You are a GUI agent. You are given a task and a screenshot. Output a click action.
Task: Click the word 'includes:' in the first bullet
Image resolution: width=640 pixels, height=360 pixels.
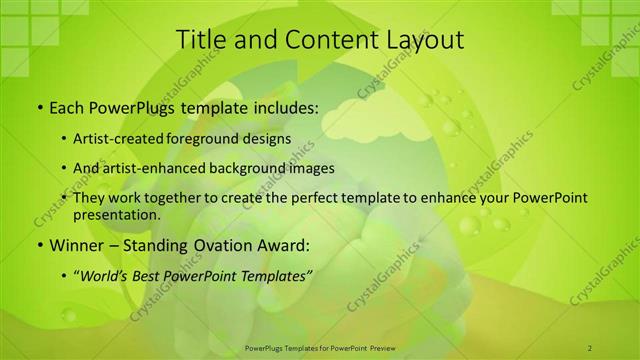tap(287, 105)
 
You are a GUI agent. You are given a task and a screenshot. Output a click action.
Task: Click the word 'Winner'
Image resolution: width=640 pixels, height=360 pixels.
tap(76, 244)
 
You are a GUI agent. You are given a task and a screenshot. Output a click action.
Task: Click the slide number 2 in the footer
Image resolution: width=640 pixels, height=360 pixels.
tap(591, 347)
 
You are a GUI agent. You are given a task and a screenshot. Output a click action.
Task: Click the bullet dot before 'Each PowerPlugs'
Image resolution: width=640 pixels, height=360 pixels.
tap(39, 106)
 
